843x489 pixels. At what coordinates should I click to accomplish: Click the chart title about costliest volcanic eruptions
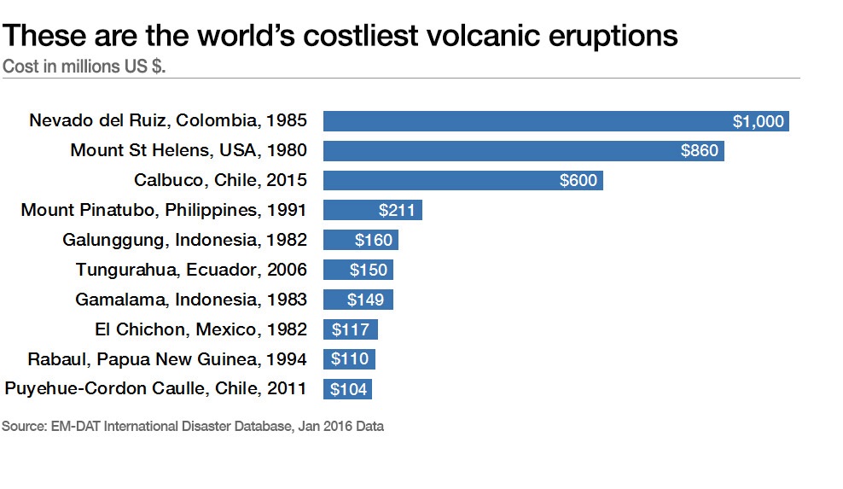pyautogui.click(x=340, y=36)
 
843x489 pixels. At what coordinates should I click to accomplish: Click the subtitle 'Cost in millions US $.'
pyautogui.click(x=84, y=67)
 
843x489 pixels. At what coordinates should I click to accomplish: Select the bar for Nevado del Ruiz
pyautogui.click(x=556, y=121)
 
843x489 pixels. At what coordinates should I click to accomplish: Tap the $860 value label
pyautogui.click(x=700, y=151)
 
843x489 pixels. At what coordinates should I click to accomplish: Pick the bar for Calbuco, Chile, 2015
pyautogui.click(x=463, y=180)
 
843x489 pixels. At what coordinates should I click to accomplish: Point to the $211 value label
pyautogui.click(x=397, y=210)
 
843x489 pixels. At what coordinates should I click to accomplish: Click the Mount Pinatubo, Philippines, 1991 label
pyautogui.click(x=164, y=210)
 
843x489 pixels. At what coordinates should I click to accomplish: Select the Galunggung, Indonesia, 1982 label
pyautogui.click(x=184, y=240)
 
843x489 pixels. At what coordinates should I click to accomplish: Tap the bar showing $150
pyautogui.click(x=358, y=270)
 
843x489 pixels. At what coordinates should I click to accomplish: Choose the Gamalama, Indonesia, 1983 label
pyautogui.click(x=191, y=299)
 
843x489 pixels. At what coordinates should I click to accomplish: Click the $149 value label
pyautogui.click(x=365, y=300)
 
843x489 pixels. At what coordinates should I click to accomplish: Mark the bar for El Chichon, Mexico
pyautogui.click(x=351, y=329)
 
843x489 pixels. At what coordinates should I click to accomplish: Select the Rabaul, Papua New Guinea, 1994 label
pyautogui.click(x=167, y=358)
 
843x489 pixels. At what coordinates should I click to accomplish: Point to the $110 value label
pyautogui.click(x=350, y=358)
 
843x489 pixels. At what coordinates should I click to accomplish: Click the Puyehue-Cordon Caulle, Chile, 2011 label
pyautogui.click(x=155, y=388)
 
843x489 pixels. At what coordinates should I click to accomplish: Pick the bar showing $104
pyautogui.click(x=347, y=389)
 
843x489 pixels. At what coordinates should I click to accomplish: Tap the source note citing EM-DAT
pyautogui.click(x=193, y=427)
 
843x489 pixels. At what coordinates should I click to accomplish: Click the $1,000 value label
pyautogui.click(x=758, y=121)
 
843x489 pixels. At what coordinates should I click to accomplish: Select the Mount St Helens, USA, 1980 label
pyautogui.click(x=189, y=150)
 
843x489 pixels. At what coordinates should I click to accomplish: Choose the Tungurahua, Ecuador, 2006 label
pyautogui.click(x=191, y=270)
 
